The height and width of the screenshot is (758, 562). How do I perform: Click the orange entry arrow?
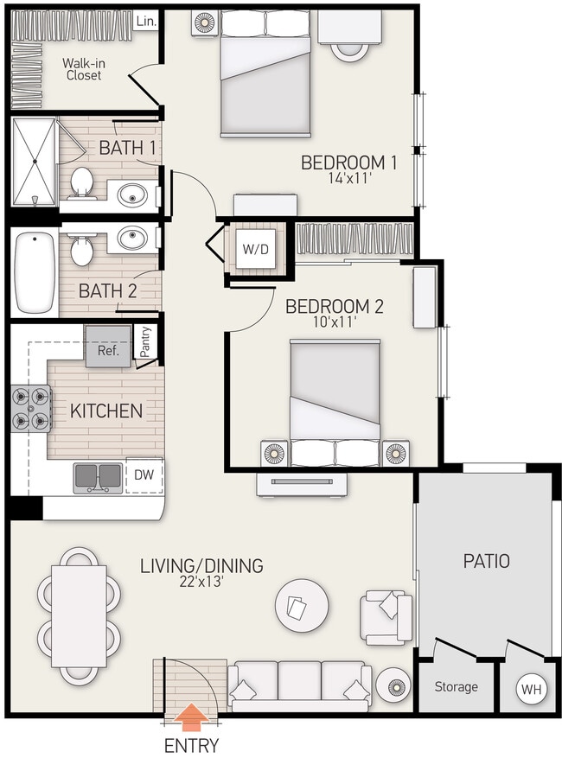pos(191,715)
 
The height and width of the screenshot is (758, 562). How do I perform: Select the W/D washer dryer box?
pos(254,250)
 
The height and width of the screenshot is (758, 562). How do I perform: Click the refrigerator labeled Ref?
pos(107,351)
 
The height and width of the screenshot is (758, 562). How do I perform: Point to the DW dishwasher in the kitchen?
pos(144,474)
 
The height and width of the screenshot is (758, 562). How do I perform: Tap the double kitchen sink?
pos(98,476)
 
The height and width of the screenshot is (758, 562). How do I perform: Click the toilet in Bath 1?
pos(82,182)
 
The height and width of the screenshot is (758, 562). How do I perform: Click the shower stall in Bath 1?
pos(35,160)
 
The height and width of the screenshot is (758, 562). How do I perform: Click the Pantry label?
pos(146,341)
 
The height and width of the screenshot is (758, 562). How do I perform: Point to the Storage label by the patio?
pos(456,687)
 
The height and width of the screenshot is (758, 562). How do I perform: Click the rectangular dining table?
pos(80,612)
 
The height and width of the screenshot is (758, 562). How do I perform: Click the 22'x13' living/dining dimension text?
pos(201,583)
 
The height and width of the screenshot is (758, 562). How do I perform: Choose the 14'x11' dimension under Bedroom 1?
pos(348,180)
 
